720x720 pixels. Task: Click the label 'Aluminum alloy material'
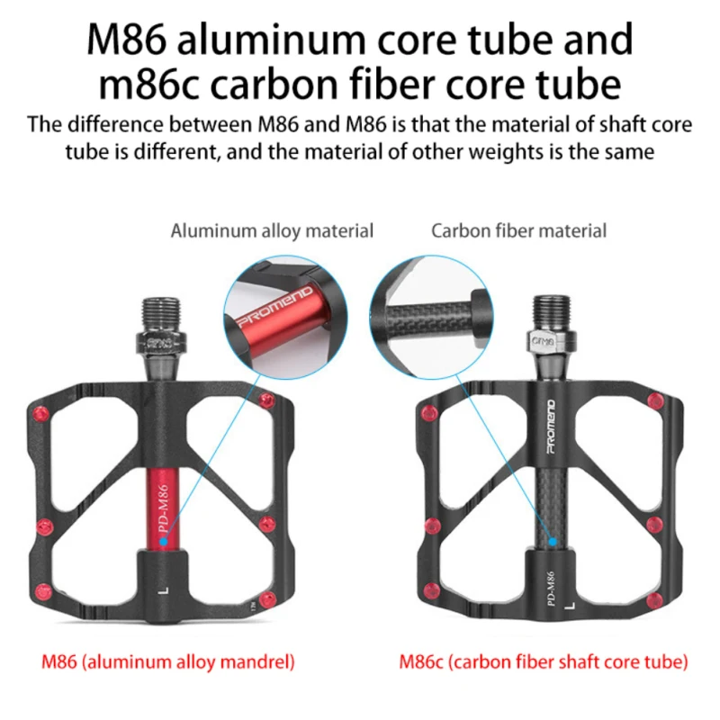[x=272, y=231]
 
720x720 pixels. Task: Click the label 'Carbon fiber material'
[x=518, y=231]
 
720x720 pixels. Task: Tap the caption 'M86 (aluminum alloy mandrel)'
[x=168, y=662]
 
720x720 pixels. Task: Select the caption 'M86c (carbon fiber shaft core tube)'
[x=544, y=662]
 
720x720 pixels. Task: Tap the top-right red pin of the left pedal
[x=265, y=400]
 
